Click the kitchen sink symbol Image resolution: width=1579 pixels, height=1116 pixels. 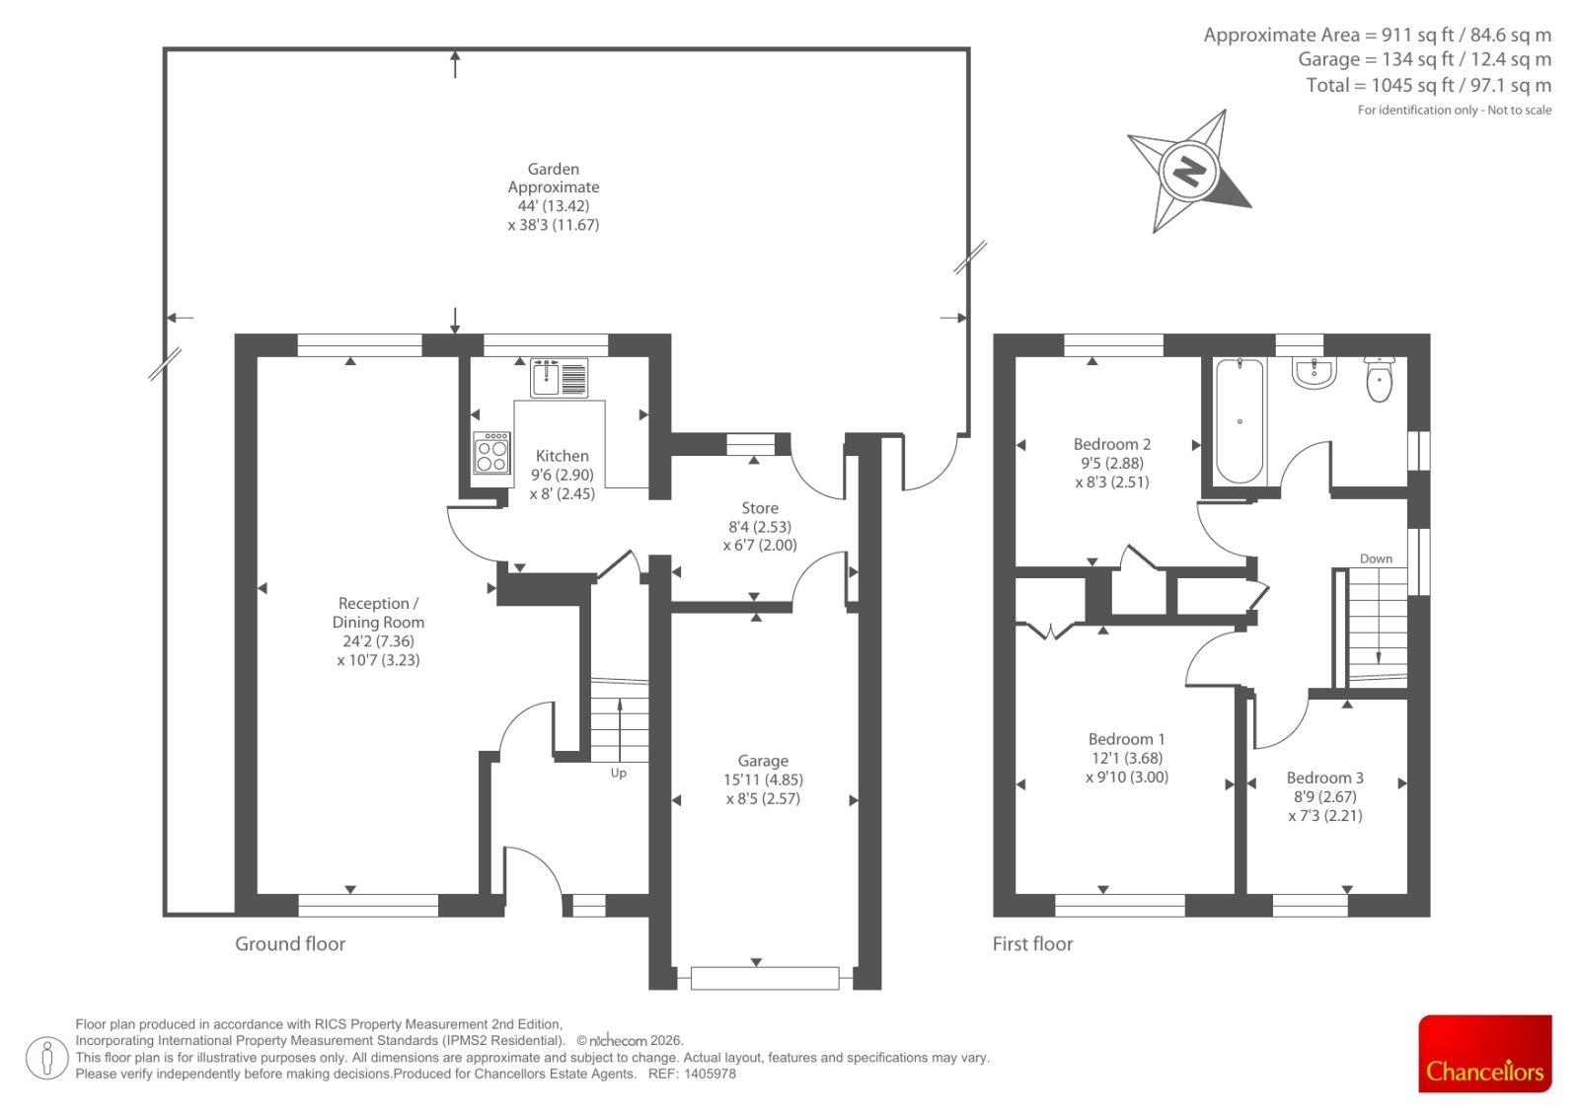click(559, 379)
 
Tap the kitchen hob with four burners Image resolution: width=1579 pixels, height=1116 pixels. click(491, 453)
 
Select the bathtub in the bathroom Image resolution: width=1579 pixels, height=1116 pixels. click(1240, 421)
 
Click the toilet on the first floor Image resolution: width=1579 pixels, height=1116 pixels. click(1379, 379)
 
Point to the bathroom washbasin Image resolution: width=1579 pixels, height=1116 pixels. click(1314, 373)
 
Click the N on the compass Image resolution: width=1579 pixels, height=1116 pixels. click(1189, 171)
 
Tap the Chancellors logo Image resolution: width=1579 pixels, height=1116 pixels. click(1484, 1053)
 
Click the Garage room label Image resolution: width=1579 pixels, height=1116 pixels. click(763, 761)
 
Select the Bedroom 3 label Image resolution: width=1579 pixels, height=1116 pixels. click(1324, 778)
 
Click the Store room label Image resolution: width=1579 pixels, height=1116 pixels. click(760, 507)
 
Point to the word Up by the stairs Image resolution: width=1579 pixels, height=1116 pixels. click(618, 774)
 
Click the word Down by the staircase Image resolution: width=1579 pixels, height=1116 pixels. click(1376, 559)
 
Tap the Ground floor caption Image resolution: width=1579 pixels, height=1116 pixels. click(290, 944)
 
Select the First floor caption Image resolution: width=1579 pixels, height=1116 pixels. click(1032, 944)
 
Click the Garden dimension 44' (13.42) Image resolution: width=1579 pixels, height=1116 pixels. click(554, 206)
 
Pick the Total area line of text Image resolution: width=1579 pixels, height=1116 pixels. click(1428, 85)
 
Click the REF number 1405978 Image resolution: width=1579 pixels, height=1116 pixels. click(710, 1075)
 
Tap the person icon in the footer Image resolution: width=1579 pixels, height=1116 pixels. click(46, 1058)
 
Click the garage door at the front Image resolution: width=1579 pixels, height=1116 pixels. click(765, 979)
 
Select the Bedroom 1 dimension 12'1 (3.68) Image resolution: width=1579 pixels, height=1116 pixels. click(1126, 758)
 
